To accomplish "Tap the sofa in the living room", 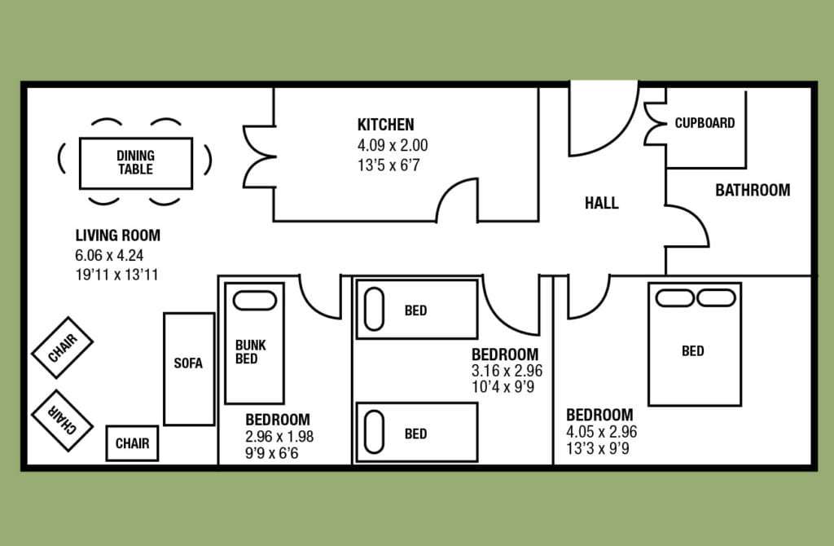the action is point(189,369).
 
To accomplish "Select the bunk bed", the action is point(255,344).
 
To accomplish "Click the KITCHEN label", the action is point(385,125).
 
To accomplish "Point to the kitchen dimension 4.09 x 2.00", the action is point(393,145).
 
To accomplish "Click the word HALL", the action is point(602,203).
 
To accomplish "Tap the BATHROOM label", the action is point(753,190).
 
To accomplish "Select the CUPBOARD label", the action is point(705,123).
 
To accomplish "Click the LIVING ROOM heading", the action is point(117,236).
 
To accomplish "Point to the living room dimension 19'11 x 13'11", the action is point(116,275).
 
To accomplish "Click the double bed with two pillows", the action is point(695,345).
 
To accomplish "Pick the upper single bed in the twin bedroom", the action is point(417,309).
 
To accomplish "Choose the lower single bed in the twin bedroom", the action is point(417,432).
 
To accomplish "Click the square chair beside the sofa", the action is point(132,443).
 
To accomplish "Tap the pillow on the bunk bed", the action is point(255,300).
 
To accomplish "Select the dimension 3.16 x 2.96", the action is point(507,371).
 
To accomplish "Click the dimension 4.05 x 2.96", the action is point(602,432).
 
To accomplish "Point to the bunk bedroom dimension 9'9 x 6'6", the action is point(272,453).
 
